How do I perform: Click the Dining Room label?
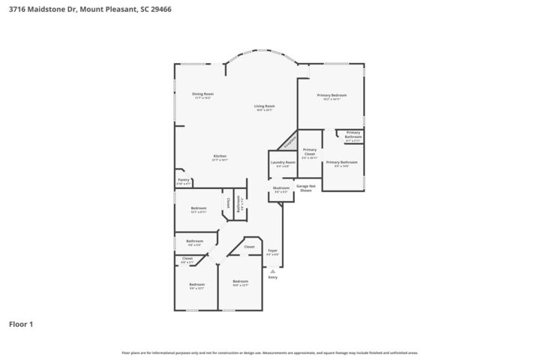point(202,94)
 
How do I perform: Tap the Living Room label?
point(264,106)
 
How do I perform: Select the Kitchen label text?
point(220,157)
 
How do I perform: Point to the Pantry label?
point(183,180)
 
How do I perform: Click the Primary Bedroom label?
point(331,96)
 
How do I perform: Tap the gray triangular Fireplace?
point(289,140)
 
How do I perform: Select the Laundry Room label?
point(283,163)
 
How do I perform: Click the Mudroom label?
point(281,188)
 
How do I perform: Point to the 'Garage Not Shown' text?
point(304,188)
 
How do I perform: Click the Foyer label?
point(272,250)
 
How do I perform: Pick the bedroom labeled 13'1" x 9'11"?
point(198,208)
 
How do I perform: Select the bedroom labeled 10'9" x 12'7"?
point(240,282)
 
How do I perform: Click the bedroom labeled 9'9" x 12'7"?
point(196,285)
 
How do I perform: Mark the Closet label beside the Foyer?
point(249,247)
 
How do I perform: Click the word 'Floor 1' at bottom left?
point(20,325)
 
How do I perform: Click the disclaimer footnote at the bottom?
point(269,352)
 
